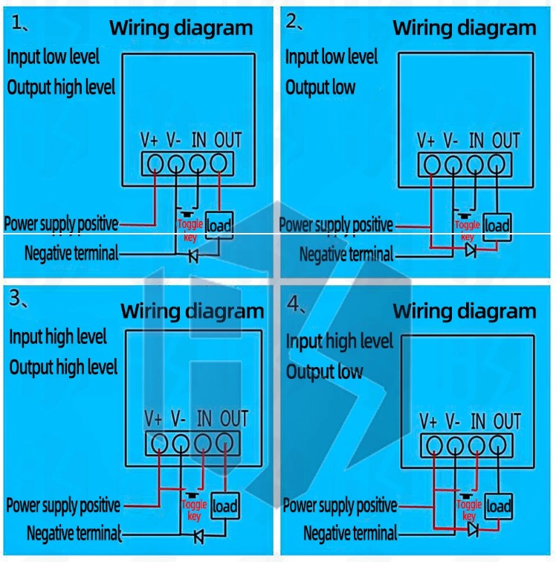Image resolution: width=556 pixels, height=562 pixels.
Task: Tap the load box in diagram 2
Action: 497,226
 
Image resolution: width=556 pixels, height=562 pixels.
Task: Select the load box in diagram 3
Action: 225,507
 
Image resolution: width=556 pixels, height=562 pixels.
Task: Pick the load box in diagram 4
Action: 499,506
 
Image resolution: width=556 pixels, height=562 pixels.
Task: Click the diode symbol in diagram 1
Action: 193,256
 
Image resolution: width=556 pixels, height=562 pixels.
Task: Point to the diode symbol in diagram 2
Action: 470,250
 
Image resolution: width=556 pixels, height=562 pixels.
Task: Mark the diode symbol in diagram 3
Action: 198,534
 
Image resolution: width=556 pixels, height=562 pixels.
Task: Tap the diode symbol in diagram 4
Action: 473,529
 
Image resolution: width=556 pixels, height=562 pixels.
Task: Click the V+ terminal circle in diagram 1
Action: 155,163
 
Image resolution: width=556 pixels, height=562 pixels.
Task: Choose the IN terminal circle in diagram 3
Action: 202,443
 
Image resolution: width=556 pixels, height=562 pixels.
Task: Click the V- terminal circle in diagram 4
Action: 454,445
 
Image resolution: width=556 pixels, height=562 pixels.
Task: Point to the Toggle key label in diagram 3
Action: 194,511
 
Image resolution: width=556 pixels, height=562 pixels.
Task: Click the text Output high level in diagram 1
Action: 62,87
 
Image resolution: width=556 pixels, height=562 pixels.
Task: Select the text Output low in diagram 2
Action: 320,87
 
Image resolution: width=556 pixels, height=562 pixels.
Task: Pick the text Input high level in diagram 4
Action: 340,342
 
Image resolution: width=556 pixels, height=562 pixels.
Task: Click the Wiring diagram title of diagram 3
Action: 192,310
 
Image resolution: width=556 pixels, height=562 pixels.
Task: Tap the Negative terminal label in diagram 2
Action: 346,255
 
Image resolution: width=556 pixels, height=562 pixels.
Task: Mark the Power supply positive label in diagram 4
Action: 340,506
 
